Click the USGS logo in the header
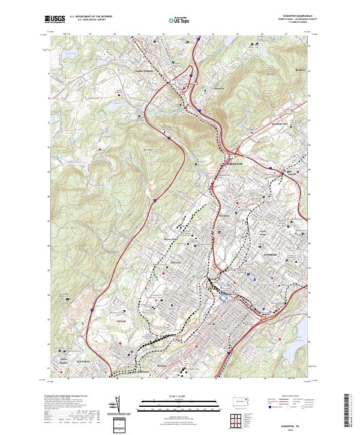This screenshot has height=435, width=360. pyautogui.click(x=56, y=19)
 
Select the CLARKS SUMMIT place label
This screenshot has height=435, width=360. pyautogui.click(x=144, y=71)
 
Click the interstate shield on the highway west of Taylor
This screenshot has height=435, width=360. pyautogui.click(x=91, y=310)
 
